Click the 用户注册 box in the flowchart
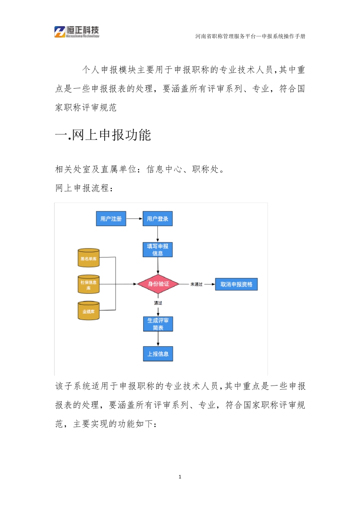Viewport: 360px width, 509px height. [x=111, y=219]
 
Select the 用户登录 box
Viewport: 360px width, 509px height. [x=158, y=219]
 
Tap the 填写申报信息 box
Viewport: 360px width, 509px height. [x=158, y=250]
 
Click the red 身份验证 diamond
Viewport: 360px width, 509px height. [x=158, y=284]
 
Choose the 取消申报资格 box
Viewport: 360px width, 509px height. [x=236, y=284]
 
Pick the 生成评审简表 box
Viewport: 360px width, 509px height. [x=158, y=324]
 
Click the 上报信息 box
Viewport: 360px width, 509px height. [x=158, y=354]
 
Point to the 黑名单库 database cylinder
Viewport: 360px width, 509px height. [x=89, y=258]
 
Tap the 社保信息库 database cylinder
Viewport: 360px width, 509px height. [x=89, y=285]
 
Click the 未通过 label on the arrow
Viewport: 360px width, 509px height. [x=196, y=284]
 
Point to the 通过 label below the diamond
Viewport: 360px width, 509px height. [x=158, y=303]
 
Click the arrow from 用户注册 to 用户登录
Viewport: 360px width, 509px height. [x=134, y=219]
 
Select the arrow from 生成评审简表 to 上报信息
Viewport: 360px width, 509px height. [x=158, y=339]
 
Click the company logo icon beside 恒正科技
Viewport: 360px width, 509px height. [x=60, y=32]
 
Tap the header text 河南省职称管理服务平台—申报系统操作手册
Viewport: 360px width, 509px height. [x=250, y=36]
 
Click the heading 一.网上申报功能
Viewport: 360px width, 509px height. [x=103, y=135]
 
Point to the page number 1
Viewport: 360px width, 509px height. [x=180, y=477]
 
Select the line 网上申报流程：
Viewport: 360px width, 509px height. [x=85, y=188]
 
